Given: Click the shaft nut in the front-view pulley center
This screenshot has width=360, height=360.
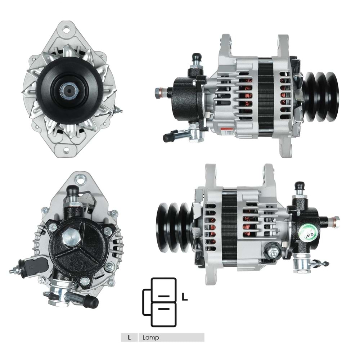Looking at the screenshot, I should [x=69, y=91].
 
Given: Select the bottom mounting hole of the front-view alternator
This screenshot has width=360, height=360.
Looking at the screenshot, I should [x=67, y=151].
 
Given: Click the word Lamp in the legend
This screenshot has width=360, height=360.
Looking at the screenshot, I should [x=150, y=337].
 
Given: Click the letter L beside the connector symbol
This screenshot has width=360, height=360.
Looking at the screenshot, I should [x=185, y=297].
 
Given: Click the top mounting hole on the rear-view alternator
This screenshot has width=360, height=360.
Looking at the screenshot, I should [x=81, y=178].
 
